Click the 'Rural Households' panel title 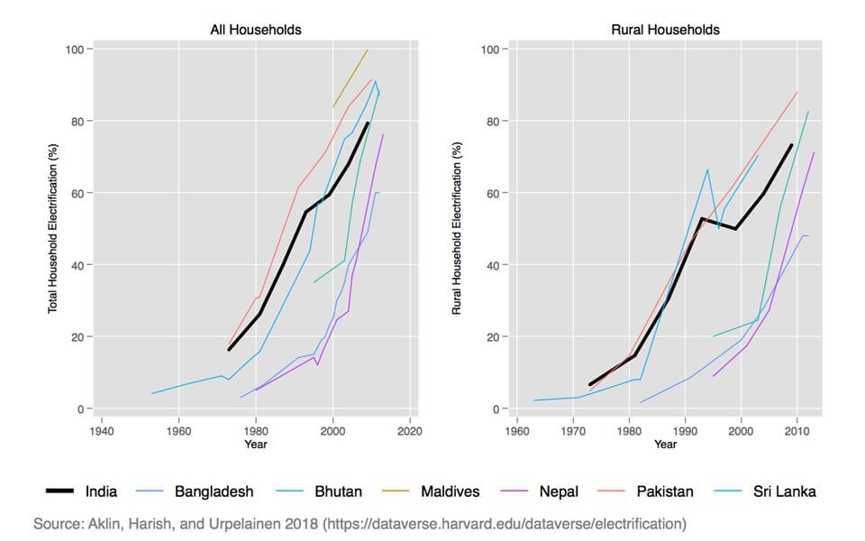(x=665, y=30)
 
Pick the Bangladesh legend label (x=214, y=491)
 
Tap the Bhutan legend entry (x=338, y=491)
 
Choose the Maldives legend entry (x=450, y=491)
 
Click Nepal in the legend (x=560, y=491)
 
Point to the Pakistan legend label (x=664, y=491)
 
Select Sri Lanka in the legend (x=784, y=491)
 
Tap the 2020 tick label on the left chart (x=410, y=429)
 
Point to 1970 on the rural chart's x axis (x=573, y=429)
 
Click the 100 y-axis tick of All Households (x=73, y=49)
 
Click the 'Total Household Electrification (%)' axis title (x=52, y=229)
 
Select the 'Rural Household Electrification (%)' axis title (x=456, y=229)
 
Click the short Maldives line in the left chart (x=351, y=78)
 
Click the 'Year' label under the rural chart (x=665, y=444)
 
